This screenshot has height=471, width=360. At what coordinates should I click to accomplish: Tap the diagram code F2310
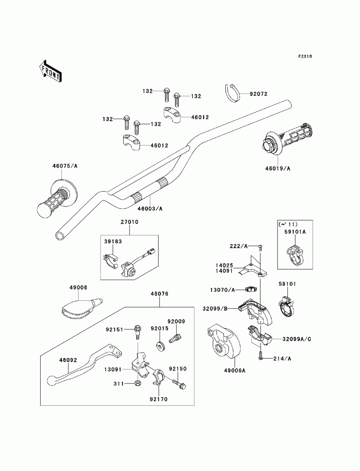305,56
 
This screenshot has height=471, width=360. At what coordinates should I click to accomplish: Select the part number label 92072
258,94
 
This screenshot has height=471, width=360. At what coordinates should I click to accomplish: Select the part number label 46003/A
150,208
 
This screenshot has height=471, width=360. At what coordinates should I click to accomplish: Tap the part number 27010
130,222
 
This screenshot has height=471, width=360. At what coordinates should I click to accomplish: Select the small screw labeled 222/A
261,247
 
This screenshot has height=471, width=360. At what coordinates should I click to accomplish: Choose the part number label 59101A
295,232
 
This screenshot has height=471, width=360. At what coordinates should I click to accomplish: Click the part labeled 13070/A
251,289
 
